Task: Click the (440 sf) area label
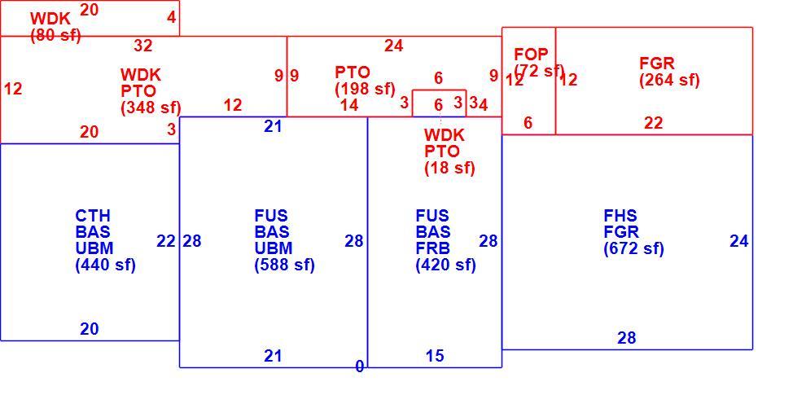(x=106, y=265)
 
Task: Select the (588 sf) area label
(x=285, y=265)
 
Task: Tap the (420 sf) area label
(x=445, y=265)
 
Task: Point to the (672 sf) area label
(x=633, y=248)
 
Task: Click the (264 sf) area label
(x=669, y=80)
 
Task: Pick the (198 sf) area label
(x=365, y=89)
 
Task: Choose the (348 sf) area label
(x=151, y=107)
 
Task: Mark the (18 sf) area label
(x=449, y=168)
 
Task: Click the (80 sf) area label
(x=55, y=36)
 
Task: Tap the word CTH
(x=93, y=216)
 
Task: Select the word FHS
(x=620, y=216)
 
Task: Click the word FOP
(x=531, y=54)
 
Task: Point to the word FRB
(x=432, y=248)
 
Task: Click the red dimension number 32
(x=143, y=46)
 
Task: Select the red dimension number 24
(x=393, y=46)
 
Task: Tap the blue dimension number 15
(x=435, y=356)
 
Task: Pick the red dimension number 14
(x=349, y=105)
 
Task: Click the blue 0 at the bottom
(x=360, y=366)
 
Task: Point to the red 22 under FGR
(x=654, y=123)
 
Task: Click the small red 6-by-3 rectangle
(x=439, y=90)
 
